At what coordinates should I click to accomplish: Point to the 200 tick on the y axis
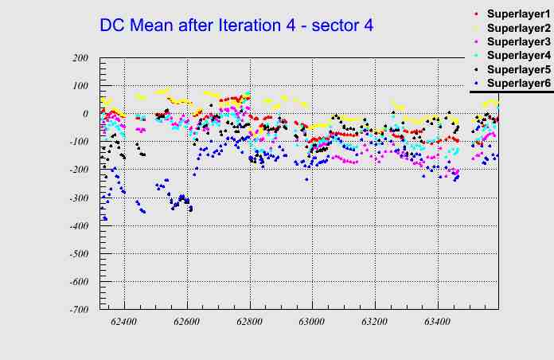tap(80, 58)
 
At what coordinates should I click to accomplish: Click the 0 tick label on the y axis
tap(84, 114)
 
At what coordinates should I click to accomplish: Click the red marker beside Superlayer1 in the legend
tap(477, 14)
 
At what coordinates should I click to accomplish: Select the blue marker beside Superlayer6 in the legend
tap(477, 83)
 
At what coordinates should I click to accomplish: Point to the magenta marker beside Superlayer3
tap(477, 41)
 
